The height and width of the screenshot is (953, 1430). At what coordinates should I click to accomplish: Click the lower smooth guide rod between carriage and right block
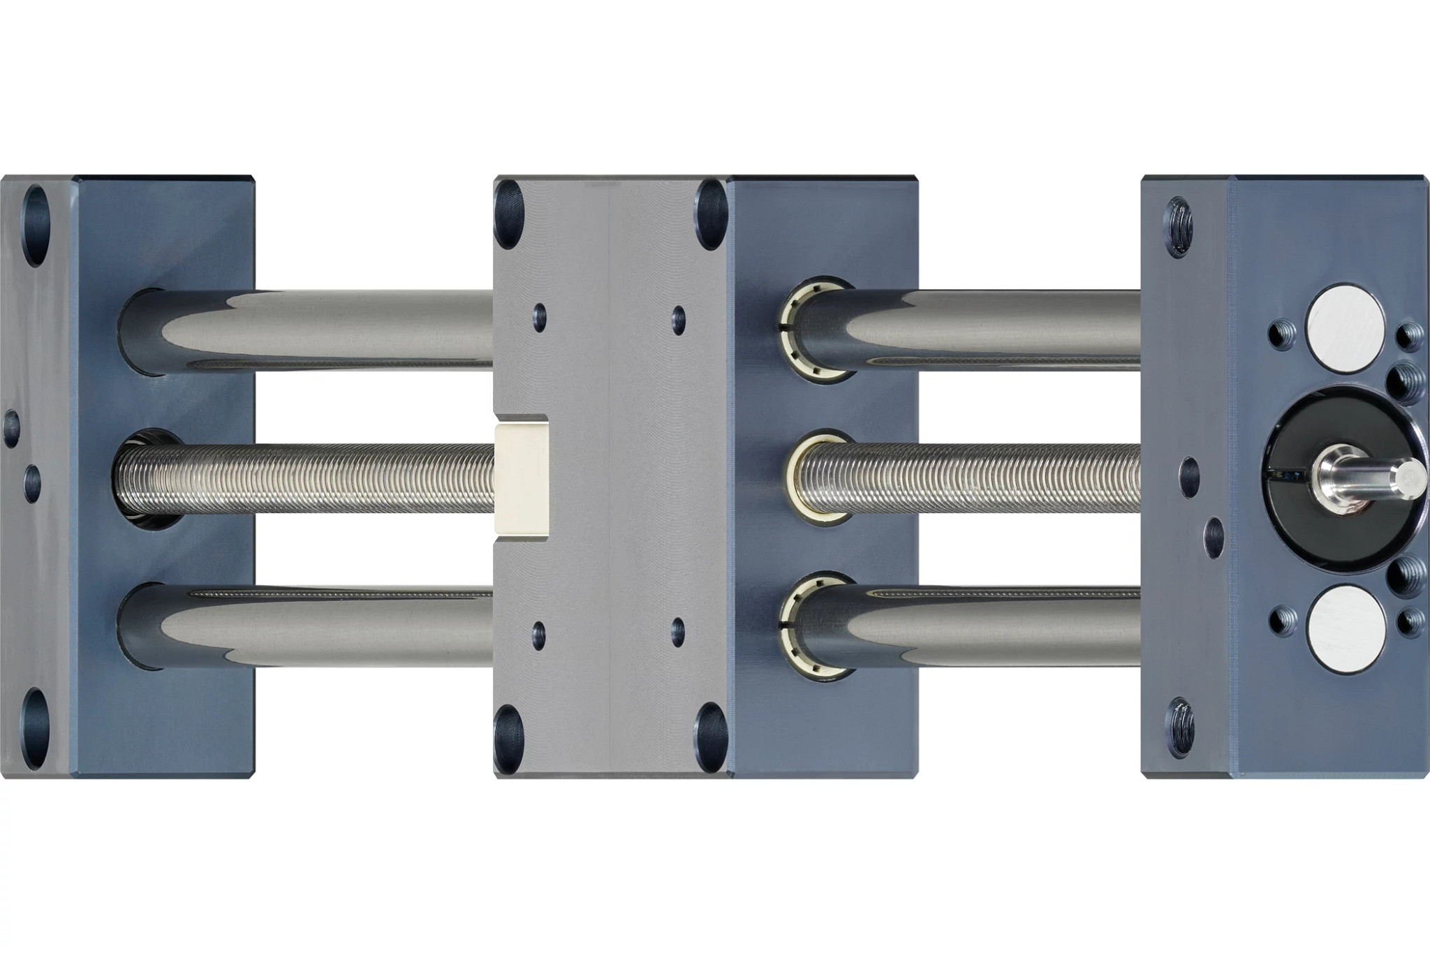(992, 625)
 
